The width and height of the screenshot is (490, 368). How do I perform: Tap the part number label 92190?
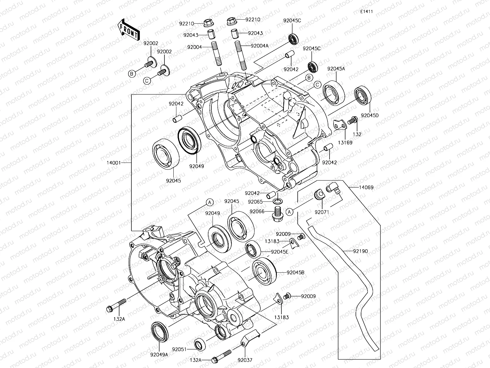[x=360, y=251]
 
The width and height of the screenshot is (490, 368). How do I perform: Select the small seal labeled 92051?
[x=200, y=344]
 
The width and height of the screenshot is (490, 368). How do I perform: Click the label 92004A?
[x=259, y=46]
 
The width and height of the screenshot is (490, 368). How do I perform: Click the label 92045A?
[x=336, y=69]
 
